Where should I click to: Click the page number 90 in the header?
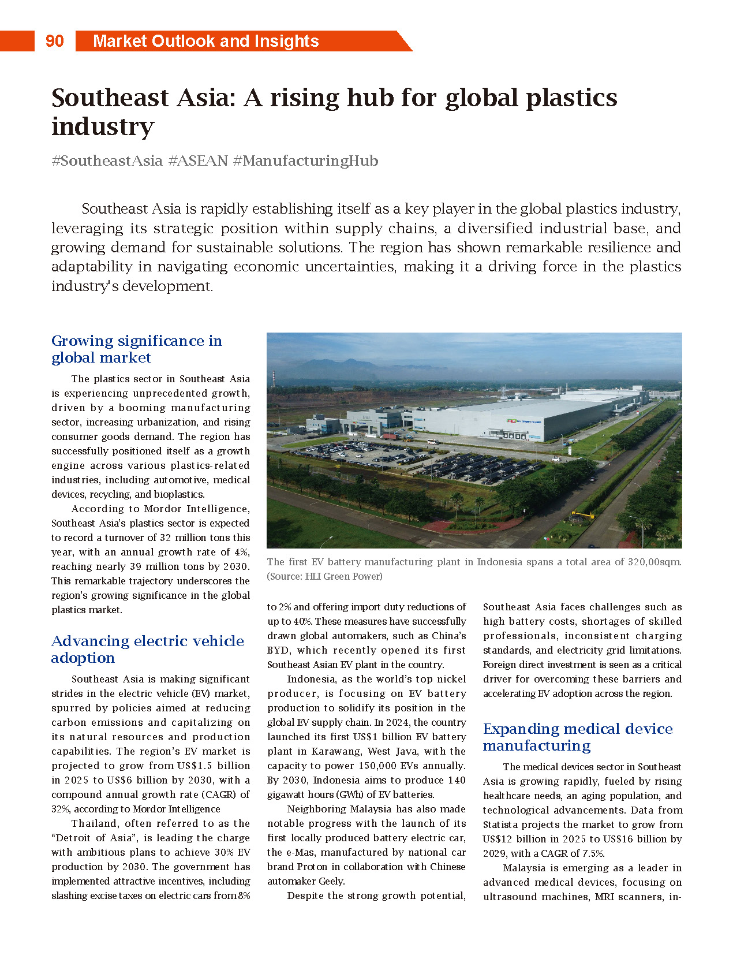coord(54,41)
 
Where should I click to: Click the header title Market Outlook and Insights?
coord(205,41)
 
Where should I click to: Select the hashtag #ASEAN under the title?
coord(198,161)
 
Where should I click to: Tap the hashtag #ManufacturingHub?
coord(305,161)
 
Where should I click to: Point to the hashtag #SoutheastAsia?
coord(107,161)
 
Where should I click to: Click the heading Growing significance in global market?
coord(137,349)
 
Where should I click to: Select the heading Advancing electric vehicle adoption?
coord(147,649)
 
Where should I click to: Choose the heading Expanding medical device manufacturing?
coord(577,737)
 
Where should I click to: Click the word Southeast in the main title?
coord(110,98)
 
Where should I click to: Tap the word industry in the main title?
coord(103,126)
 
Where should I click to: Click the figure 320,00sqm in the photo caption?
coord(653,562)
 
